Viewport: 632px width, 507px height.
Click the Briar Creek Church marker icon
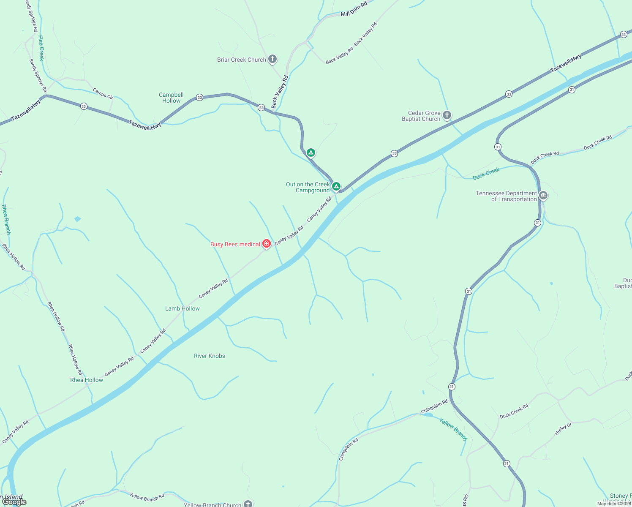[x=272, y=59]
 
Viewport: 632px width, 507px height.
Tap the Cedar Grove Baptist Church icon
[x=447, y=115]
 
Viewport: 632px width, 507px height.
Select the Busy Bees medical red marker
[x=267, y=243]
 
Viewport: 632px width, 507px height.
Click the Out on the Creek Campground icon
[x=336, y=186]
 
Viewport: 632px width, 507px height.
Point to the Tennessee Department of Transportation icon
[x=543, y=196]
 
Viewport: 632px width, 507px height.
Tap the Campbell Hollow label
[x=171, y=98]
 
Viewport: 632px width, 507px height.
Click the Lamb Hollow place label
[x=183, y=308]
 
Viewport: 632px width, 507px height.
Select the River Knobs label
[x=210, y=356]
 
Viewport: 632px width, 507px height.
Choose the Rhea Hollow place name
[x=87, y=380]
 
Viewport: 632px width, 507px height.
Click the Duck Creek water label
[x=486, y=173]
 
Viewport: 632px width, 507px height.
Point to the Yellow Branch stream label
[x=453, y=429]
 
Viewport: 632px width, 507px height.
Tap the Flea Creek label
[x=41, y=48]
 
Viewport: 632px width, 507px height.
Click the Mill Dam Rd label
[x=354, y=9]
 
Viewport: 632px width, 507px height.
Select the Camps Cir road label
[x=103, y=93]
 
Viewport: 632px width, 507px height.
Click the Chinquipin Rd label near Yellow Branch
[x=434, y=406]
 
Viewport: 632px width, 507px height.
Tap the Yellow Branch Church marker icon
[x=248, y=504]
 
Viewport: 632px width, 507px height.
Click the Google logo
[x=14, y=502]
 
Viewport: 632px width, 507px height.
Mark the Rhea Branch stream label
[x=6, y=219]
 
